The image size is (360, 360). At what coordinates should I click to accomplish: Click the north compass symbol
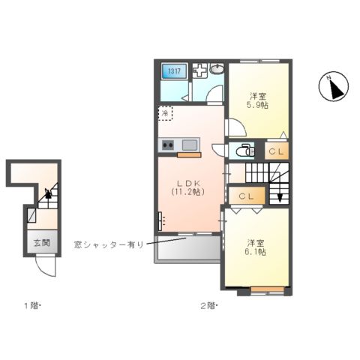click(x=333, y=88)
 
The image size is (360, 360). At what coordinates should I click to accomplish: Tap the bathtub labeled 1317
click(x=174, y=73)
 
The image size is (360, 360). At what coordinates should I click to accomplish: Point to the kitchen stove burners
click(x=166, y=145)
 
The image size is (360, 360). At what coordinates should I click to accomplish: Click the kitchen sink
click(x=188, y=145)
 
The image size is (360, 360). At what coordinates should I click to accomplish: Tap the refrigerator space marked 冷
click(x=165, y=113)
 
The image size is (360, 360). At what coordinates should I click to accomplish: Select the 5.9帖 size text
click(x=259, y=105)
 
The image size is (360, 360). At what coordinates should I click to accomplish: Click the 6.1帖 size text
click(x=256, y=253)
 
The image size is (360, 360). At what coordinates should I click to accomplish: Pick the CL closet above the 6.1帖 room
click(x=247, y=196)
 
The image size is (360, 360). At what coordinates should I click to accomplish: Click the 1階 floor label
click(x=31, y=305)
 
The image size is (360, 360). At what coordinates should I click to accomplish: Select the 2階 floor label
click(x=207, y=305)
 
